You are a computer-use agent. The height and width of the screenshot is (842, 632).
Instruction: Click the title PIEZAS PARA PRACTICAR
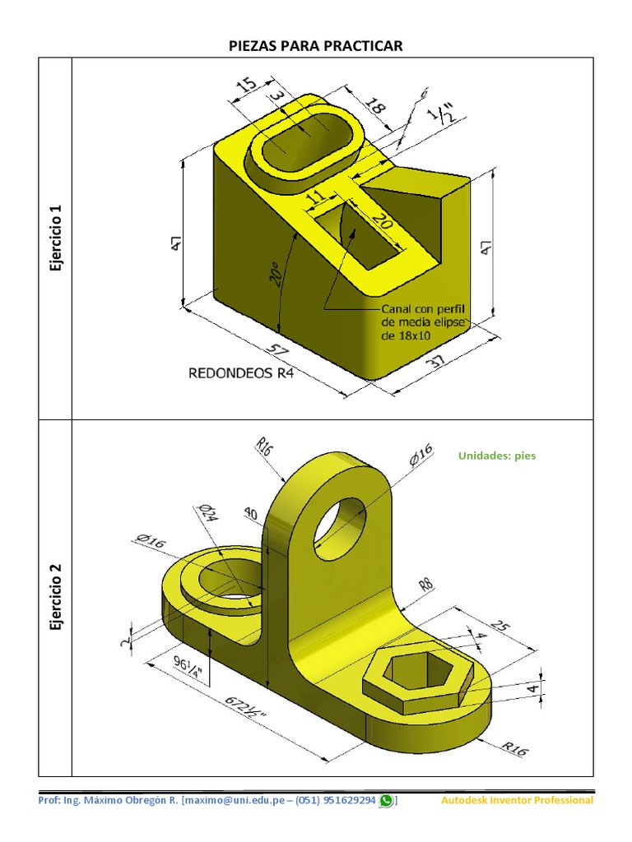pos(316,45)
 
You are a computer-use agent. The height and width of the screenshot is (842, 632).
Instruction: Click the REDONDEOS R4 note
pos(241,372)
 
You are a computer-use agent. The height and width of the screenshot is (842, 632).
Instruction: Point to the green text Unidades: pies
pos(496,455)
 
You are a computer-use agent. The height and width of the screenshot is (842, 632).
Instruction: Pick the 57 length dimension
pos(281,349)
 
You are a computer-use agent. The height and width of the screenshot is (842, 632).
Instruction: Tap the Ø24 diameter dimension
pos(208,515)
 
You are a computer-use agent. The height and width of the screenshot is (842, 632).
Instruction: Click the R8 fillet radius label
pos(425,585)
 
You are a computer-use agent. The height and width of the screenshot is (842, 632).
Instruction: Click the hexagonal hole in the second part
pos(414,670)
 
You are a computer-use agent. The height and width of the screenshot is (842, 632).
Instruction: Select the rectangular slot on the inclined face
pos(359,234)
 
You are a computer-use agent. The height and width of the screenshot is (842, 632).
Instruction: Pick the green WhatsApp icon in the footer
pos(386,800)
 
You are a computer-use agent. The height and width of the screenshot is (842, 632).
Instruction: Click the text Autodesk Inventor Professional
pos(517,800)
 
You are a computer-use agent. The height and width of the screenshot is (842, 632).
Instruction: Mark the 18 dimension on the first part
pos(374,108)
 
